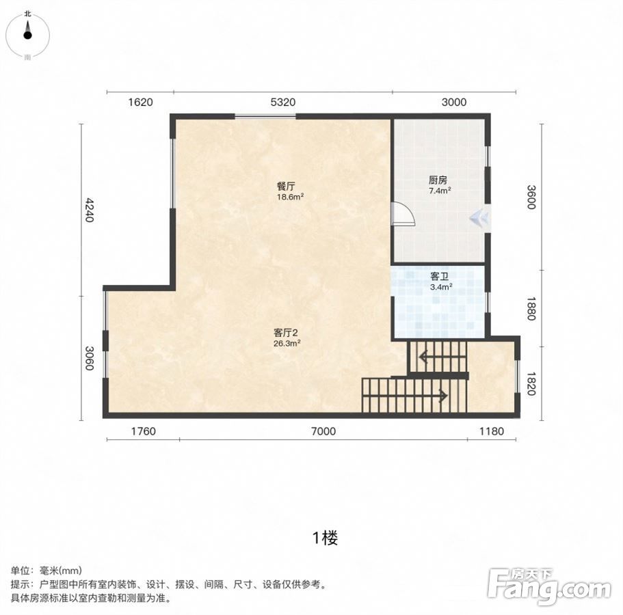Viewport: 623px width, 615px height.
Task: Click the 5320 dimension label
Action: pyautogui.click(x=283, y=102)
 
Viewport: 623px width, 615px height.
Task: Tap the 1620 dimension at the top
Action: pyautogui.click(x=140, y=102)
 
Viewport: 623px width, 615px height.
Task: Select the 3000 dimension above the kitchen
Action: pyautogui.click(x=453, y=102)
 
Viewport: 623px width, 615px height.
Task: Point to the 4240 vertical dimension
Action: pyautogui.click(x=90, y=210)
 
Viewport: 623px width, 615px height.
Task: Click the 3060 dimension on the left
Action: pyautogui.click(x=90, y=358)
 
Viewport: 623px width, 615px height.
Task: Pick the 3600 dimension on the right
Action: pyautogui.click(x=531, y=197)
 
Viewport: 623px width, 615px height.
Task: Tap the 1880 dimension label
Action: pyautogui.click(x=531, y=308)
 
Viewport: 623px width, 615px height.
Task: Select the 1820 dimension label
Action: pyautogui.click(x=531, y=383)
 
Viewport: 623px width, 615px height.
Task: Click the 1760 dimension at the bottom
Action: pyautogui.click(x=144, y=430)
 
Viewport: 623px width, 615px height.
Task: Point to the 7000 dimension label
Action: pyautogui.click(x=323, y=430)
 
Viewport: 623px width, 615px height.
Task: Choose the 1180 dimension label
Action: pyautogui.click(x=492, y=430)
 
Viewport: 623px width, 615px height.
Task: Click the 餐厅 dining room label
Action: pyautogui.click(x=286, y=186)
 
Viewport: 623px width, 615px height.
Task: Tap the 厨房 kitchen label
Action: pyautogui.click(x=438, y=180)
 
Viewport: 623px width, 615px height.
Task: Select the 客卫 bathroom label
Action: pyautogui.click(x=440, y=276)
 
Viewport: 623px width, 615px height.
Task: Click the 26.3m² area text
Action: pyautogui.click(x=287, y=344)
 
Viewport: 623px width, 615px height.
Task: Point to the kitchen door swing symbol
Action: pyautogui.click(x=403, y=215)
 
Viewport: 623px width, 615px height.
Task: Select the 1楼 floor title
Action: pyautogui.click(x=325, y=538)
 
